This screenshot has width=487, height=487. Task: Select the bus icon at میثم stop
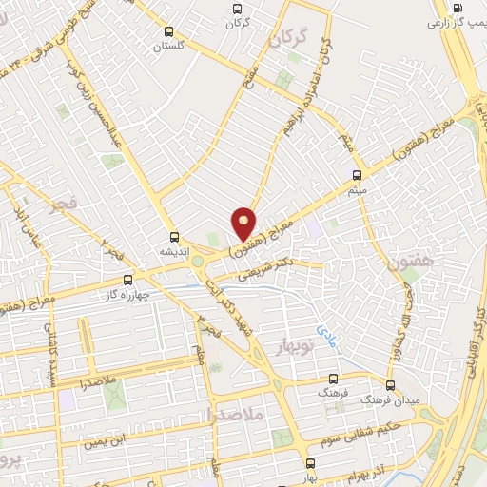pyautogui.click(x=358, y=174)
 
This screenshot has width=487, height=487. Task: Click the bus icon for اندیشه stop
pyautogui.click(x=173, y=237)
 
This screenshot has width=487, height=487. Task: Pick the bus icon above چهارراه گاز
pyautogui.click(x=129, y=280)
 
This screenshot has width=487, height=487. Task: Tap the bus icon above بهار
pyautogui.click(x=310, y=463)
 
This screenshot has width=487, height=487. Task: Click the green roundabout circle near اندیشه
pyautogui.click(x=198, y=260)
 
